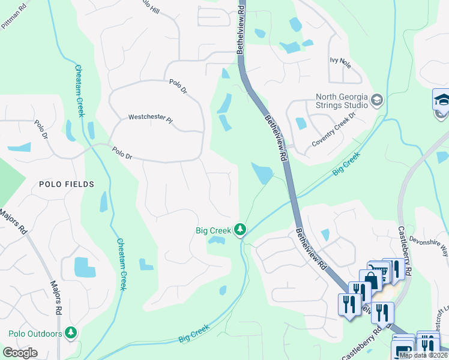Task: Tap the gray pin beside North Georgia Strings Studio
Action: pos(377,99)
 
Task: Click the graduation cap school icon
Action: pos(442,99)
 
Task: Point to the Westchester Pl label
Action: pos(150,119)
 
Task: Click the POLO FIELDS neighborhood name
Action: pos(67,184)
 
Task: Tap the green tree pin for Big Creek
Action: pos(240,229)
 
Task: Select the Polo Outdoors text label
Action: pos(36,334)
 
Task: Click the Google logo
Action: pos(20,352)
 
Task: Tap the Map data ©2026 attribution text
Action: pos(423,355)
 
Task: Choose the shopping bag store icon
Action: pos(370,280)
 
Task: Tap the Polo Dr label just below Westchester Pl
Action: pos(122,154)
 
